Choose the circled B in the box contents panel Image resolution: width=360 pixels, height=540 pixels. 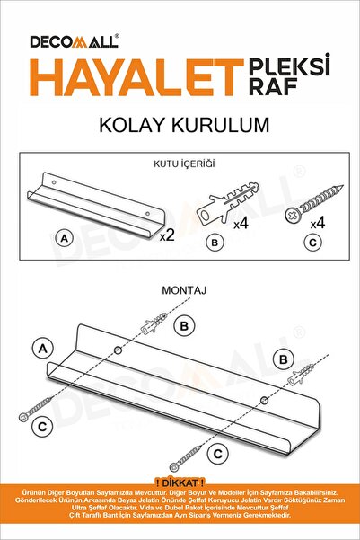pos(213,240)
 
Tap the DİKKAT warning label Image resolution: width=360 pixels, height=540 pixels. pos(180,482)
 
